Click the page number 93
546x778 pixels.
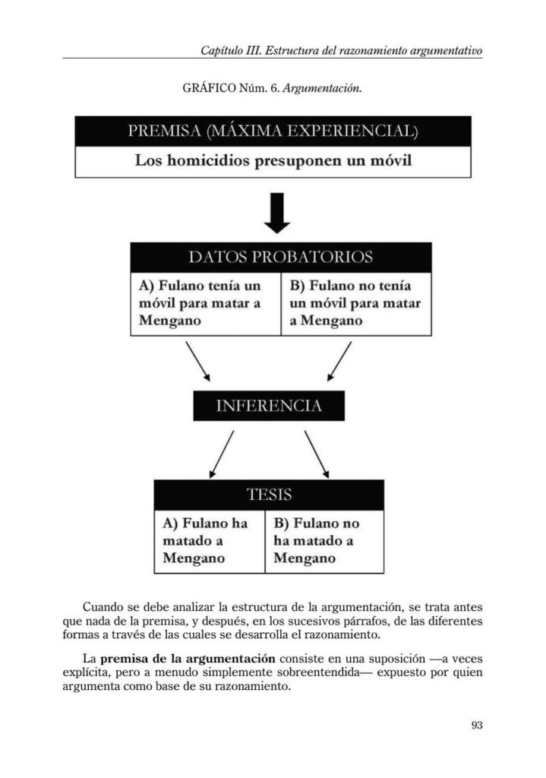coord(476,725)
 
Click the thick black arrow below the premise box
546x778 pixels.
coord(276,213)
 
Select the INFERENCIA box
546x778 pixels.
coord(269,406)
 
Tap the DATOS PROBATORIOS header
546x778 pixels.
coord(281,257)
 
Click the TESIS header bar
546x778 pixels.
coord(269,495)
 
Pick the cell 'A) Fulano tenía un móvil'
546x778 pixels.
coord(206,304)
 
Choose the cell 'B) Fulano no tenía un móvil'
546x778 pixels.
coord(356,304)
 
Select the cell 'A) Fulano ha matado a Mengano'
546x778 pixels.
coord(210,541)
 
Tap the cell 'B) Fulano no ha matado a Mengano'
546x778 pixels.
coord(324,541)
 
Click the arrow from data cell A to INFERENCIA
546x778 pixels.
coord(198,361)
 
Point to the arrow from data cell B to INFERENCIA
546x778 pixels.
coord(339,361)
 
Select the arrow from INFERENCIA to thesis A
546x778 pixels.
coord(221,454)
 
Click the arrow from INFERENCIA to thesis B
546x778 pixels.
coord(317,454)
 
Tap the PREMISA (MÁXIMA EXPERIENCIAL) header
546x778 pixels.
coord(273,131)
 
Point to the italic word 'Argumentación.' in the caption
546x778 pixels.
coord(322,89)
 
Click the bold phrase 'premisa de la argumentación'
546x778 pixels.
coord(188,659)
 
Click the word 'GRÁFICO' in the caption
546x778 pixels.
coord(210,89)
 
